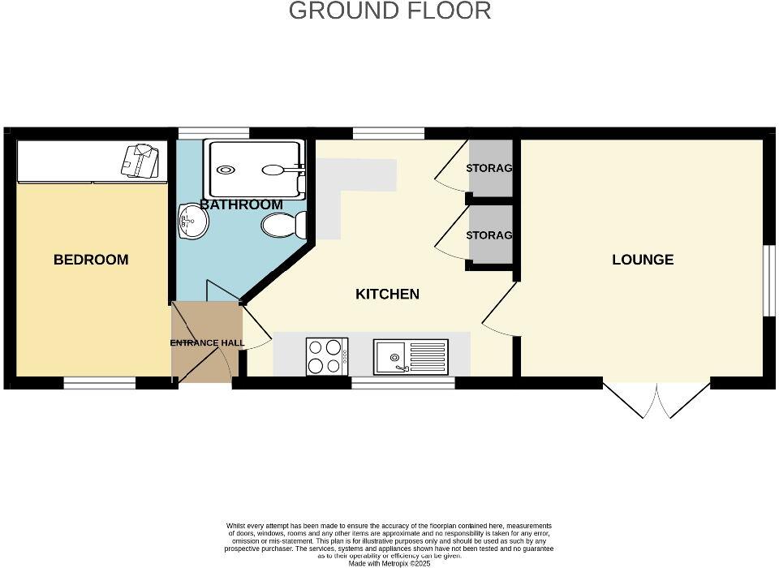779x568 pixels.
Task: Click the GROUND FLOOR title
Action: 389,11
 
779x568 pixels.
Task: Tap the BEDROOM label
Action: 91,260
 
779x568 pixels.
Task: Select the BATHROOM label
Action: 241,204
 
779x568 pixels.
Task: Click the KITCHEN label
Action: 387,294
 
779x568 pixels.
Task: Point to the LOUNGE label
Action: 643,260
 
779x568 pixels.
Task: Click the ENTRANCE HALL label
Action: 207,342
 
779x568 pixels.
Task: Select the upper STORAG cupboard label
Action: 488,169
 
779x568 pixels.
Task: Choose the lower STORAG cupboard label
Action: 488,235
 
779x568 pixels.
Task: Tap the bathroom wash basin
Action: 192,221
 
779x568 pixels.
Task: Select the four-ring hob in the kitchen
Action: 327,356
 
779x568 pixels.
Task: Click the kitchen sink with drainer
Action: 411,356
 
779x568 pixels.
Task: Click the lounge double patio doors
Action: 657,398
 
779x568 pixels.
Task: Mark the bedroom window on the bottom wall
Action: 100,383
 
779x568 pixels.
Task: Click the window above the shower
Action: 214,133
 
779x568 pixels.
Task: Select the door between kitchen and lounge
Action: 499,308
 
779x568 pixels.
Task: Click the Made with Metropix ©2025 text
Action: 389,563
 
